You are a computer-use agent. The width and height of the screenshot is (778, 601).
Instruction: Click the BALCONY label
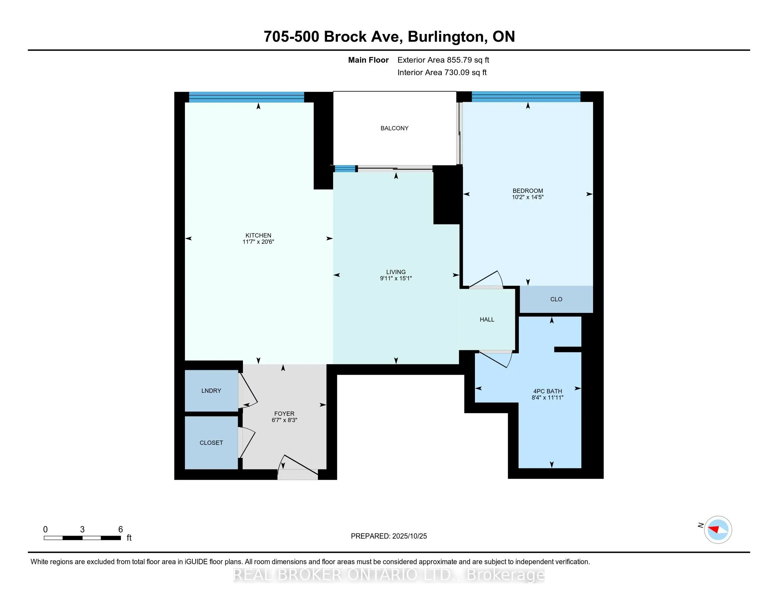pos(394,128)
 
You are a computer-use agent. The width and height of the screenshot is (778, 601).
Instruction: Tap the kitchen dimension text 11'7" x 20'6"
pos(258,242)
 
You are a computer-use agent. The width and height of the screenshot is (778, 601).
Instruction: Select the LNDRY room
pos(211,391)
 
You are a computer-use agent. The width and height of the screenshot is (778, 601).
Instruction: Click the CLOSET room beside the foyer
pos(211,443)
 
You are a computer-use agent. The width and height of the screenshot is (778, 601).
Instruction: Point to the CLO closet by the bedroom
pos(556,299)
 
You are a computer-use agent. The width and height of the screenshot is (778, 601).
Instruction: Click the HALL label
pos(487,319)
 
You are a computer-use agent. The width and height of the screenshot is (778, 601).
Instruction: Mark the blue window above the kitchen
pos(246,97)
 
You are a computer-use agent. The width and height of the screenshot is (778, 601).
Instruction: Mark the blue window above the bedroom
pos(526,97)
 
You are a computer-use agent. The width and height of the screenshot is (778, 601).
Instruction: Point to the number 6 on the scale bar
pos(120,530)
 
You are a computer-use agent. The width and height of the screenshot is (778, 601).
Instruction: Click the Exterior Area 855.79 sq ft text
pos(443,60)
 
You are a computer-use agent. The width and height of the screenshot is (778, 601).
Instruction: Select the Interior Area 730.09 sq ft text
pos(442,72)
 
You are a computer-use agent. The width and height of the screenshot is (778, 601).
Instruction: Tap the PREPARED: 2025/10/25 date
pos(389,536)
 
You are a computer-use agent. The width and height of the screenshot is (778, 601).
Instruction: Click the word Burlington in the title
pos(447,37)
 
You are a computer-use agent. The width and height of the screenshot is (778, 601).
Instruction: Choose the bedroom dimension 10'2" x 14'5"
pos(528,197)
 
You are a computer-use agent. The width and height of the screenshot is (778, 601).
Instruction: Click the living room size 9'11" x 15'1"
pos(396,279)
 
